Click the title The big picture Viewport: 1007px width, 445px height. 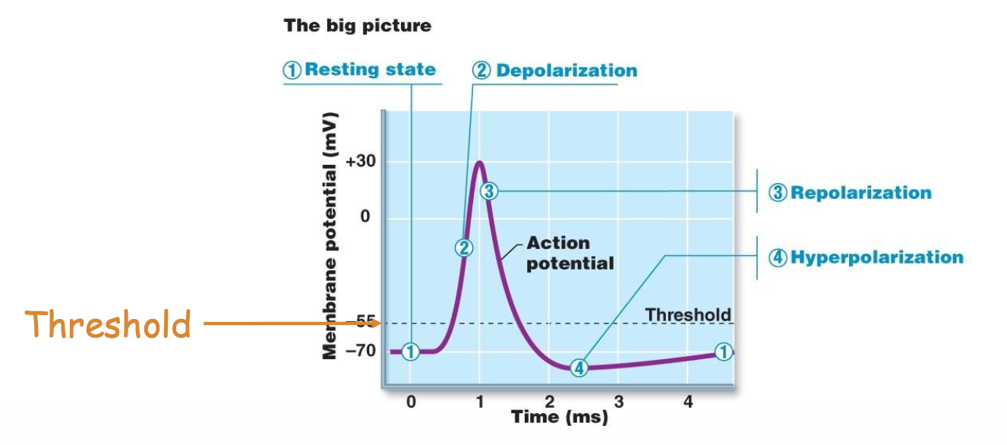click(x=357, y=26)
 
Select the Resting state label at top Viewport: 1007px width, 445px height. click(x=360, y=70)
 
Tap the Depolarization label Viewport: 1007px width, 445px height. click(x=555, y=71)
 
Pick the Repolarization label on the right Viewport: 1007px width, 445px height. click(x=851, y=192)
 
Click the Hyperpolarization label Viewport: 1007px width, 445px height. click(x=867, y=257)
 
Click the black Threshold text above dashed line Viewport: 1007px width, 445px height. click(x=687, y=314)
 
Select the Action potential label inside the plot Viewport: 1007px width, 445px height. click(x=570, y=253)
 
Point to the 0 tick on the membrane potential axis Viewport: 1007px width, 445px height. click(x=365, y=218)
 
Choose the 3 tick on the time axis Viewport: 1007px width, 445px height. click(x=619, y=401)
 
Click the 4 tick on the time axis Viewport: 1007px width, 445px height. click(x=688, y=401)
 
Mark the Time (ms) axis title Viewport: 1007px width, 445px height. click(x=559, y=416)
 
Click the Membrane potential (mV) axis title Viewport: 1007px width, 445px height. click(x=330, y=235)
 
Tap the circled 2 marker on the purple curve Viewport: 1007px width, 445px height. click(x=464, y=247)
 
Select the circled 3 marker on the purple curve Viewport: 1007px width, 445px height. click(x=489, y=191)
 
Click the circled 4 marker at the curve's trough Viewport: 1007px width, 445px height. click(x=579, y=368)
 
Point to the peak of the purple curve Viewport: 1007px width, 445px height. click(x=479, y=162)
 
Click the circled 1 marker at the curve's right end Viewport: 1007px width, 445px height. click(x=724, y=352)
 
